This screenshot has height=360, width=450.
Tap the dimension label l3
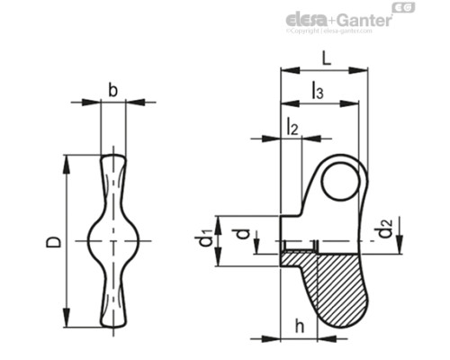pos(318,89)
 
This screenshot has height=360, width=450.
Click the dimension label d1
pos(206,239)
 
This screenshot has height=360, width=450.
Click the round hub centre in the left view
pos(112,242)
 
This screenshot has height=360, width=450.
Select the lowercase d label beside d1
pos(240,235)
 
